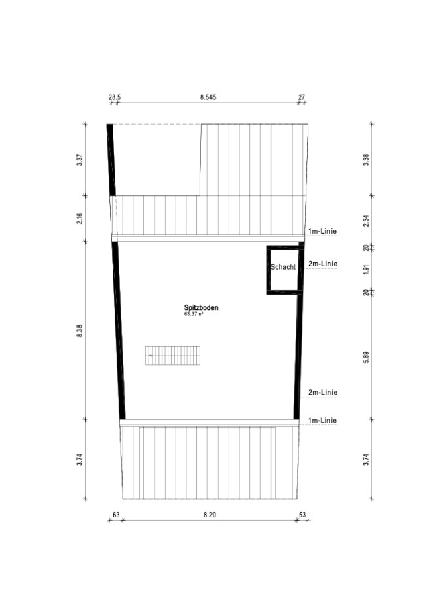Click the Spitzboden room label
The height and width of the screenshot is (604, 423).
click(x=201, y=308)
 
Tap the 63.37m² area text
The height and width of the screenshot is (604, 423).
click(x=194, y=314)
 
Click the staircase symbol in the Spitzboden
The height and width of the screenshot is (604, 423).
click(x=173, y=355)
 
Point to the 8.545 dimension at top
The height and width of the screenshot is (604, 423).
click(x=208, y=97)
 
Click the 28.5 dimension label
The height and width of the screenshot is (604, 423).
click(x=115, y=97)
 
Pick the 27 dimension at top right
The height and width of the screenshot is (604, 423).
click(x=302, y=97)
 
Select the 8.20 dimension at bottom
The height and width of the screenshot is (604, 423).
click(x=210, y=515)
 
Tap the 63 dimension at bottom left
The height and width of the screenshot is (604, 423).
click(x=116, y=515)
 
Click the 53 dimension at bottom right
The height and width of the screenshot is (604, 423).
click(x=302, y=515)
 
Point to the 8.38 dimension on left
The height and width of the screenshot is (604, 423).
click(x=80, y=331)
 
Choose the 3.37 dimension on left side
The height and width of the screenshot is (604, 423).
click(x=80, y=160)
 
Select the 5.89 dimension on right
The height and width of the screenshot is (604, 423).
click(x=366, y=357)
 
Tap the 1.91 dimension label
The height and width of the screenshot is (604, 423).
click(x=366, y=269)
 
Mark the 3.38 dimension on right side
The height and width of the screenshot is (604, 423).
click(x=366, y=160)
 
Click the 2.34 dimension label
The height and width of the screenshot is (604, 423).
click(x=366, y=221)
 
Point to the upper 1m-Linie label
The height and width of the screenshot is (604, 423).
click(x=322, y=231)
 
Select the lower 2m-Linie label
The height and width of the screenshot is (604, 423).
click(x=322, y=392)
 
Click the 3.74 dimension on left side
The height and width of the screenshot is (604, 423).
click(x=80, y=460)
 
